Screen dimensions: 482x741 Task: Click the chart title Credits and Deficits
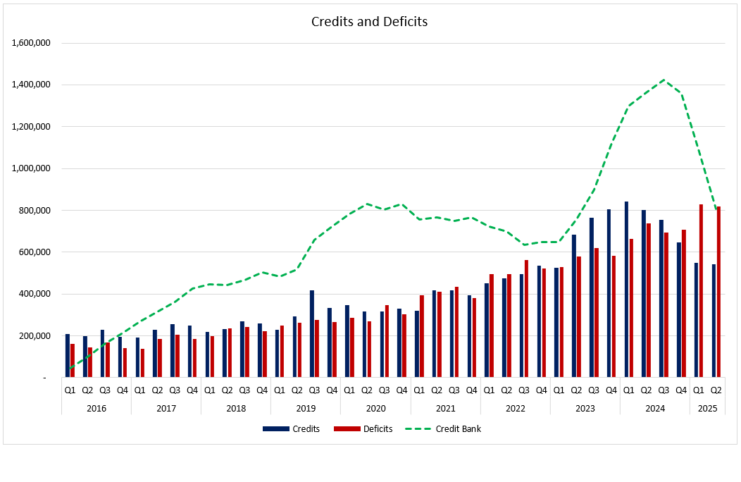click(x=369, y=21)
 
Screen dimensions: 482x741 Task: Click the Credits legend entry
click(x=292, y=428)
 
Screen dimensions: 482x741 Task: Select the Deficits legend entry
click(x=363, y=428)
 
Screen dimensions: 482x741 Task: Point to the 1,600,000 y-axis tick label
click(x=31, y=43)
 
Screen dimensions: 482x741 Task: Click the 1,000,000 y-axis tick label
click(x=31, y=168)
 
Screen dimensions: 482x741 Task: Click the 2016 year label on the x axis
click(x=96, y=408)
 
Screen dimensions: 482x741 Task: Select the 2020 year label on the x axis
click(x=375, y=408)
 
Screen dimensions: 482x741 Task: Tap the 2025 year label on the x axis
click(x=707, y=408)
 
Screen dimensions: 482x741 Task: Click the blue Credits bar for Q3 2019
click(x=312, y=334)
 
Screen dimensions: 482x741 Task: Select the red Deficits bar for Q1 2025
click(x=702, y=291)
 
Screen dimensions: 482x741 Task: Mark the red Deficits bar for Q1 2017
click(x=142, y=363)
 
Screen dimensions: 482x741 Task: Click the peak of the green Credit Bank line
click(x=663, y=80)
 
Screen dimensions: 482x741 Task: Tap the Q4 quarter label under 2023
click(x=611, y=389)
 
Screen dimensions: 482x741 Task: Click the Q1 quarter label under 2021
click(x=419, y=389)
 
